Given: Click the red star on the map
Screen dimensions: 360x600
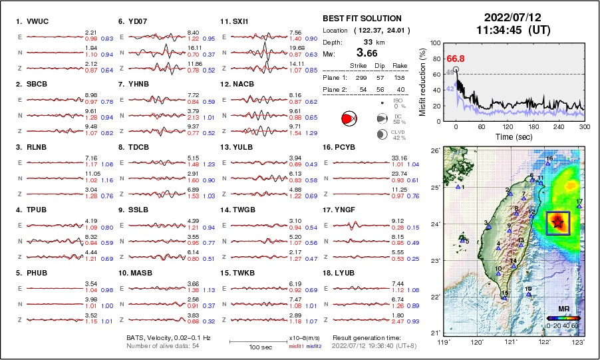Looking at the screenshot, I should coord(557,222).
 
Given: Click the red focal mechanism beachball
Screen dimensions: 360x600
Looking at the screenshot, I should coord(347,118).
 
